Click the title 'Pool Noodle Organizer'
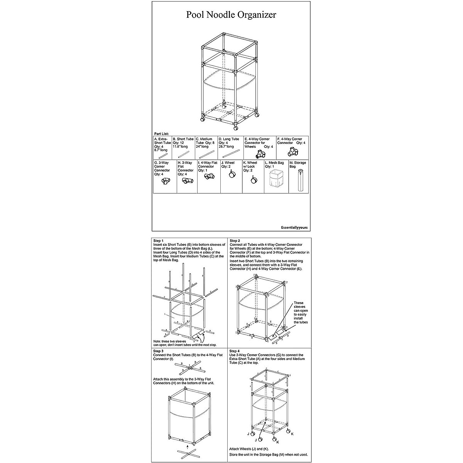point(231,15)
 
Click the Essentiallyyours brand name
point(294,228)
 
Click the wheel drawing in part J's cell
point(232,175)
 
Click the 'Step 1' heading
point(158,240)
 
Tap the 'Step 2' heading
point(235,240)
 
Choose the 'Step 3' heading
point(158,351)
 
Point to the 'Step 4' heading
point(235,351)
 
